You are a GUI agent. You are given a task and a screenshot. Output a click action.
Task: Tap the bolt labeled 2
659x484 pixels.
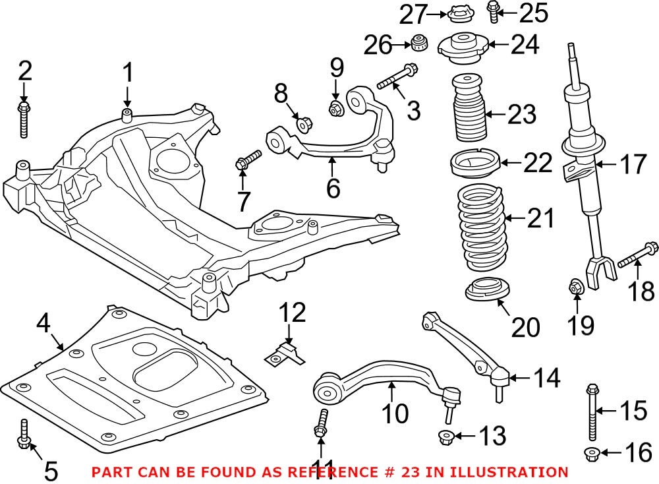pyautogui.click(x=24, y=118)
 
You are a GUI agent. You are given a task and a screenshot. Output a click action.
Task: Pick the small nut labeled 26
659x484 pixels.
pyautogui.click(x=416, y=44)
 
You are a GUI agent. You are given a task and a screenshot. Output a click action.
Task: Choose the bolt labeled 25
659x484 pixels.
pyautogui.click(x=492, y=11)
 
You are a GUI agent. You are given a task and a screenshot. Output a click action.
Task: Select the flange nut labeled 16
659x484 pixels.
pyautogui.click(x=592, y=452)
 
